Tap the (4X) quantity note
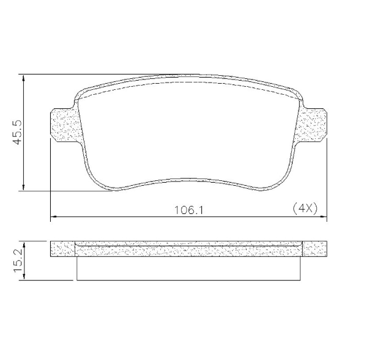(305, 208)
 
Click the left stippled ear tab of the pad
(63, 125)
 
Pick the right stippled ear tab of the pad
(313, 125)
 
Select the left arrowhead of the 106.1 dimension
(53, 216)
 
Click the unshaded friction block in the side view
(188, 268)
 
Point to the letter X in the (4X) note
(309, 208)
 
